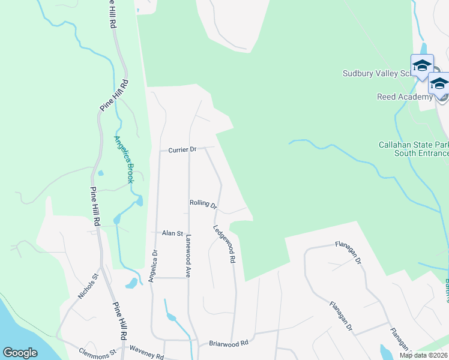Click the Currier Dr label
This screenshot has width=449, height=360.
pos(182,149)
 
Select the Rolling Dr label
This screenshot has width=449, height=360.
pos(203,204)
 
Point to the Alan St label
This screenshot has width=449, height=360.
pos(172,233)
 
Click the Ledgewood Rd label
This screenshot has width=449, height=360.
pos(223,245)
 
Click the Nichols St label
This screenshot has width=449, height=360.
pos(88,286)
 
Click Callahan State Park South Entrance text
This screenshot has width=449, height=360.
pos(414,149)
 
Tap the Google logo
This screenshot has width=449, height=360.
pos(20,353)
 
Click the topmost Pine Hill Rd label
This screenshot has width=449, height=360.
pos(112,13)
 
